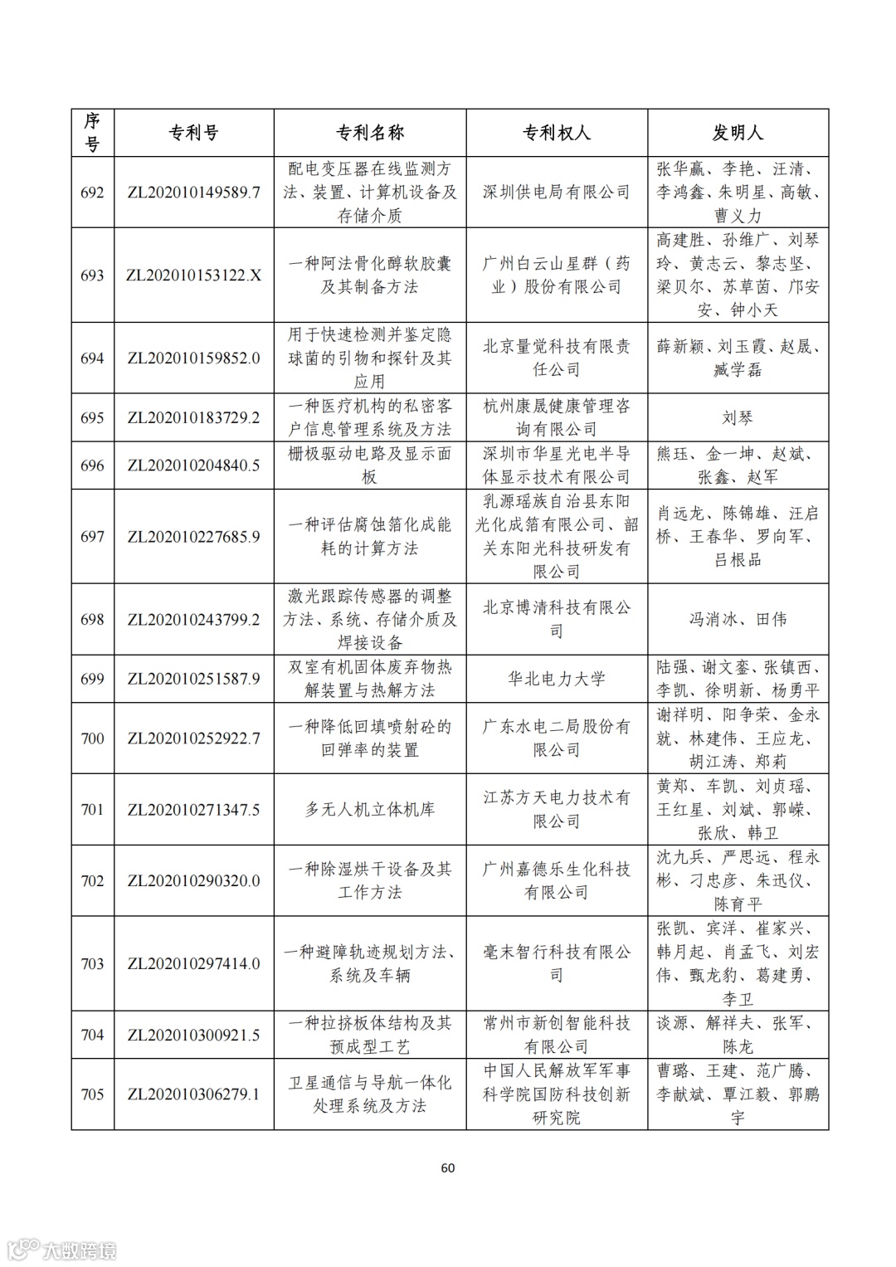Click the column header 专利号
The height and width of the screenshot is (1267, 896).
click(x=193, y=133)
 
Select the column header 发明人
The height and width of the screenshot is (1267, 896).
click(x=738, y=133)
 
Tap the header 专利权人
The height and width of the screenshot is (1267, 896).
click(x=556, y=133)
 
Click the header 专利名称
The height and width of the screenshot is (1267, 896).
click(x=369, y=133)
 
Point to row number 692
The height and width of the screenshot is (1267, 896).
click(x=92, y=192)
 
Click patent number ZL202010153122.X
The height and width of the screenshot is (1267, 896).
click(x=193, y=275)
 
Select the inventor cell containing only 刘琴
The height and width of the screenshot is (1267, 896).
click(x=738, y=417)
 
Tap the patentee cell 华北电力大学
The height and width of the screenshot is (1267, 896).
click(x=556, y=679)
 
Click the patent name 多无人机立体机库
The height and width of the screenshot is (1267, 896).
click(x=369, y=809)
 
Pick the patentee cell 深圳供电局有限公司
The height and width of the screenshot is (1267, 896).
click(x=556, y=192)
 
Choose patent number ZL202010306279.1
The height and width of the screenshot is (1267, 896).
click(x=193, y=1094)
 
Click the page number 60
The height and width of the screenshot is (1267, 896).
click(x=447, y=1167)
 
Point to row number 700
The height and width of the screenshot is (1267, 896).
click(x=92, y=738)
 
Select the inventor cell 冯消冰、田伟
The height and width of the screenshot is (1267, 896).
click(x=738, y=619)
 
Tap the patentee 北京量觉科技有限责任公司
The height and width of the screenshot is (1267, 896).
click(x=556, y=358)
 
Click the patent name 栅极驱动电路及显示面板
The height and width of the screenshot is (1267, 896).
click(x=369, y=465)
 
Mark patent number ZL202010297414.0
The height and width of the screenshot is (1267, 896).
click(x=193, y=963)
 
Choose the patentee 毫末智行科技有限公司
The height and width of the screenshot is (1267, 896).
click(x=556, y=963)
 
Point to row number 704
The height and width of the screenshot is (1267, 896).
click(x=92, y=1035)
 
